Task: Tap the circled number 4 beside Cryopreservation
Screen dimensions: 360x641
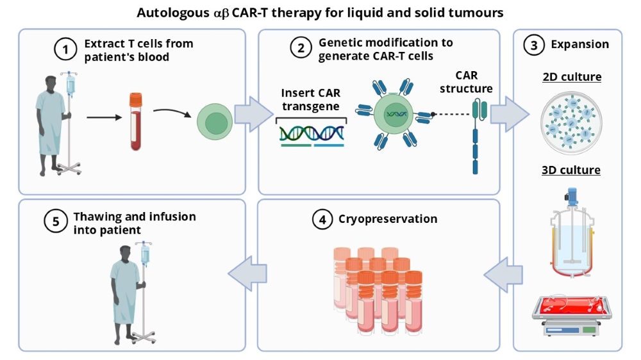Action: click(x=322, y=220)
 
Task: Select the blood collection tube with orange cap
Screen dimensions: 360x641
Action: click(x=135, y=121)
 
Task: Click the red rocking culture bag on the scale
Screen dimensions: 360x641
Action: click(x=570, y=306)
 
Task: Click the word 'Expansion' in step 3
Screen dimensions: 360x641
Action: click(x=579, y=45)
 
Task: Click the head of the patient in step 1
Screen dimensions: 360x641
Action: click(x=51, y=83)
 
